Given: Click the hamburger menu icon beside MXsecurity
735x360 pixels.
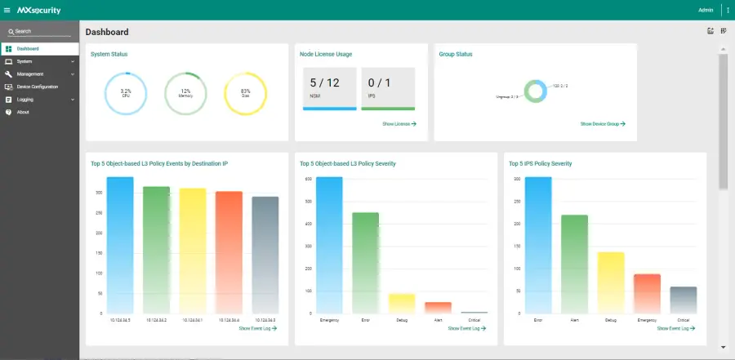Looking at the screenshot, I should (x=7, y=10).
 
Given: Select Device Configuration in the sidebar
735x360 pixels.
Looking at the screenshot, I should (x=37, y=87).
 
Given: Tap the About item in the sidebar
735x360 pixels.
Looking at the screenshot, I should (x=23, y=112).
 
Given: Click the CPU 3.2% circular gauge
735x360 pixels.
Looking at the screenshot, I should (x=126, y=93).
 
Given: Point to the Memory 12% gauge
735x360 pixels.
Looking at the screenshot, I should (x=185, y=93).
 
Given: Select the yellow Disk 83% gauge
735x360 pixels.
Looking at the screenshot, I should (x=245, y=93).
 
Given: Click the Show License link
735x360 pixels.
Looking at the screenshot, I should (x=399, y=124).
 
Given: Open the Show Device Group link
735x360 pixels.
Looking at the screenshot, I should (x=603, y=124).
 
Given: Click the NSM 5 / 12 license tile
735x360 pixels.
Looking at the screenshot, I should (x=329, y=88).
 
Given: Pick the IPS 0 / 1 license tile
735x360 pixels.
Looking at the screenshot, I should (x=388, y=88).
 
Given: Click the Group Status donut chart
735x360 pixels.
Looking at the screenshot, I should (x=536, y=91).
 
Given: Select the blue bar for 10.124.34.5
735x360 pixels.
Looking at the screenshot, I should (x=120, y=244).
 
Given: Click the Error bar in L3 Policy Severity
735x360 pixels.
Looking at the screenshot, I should (x=365, y=262).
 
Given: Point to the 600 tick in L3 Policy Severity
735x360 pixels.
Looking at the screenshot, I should (x=309, y=179).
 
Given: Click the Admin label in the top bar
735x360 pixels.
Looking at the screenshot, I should (x=706, y=10).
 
